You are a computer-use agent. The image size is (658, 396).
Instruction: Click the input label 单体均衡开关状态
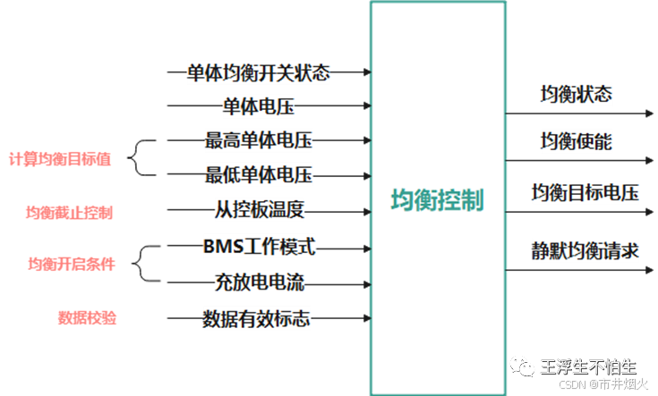(x=259, y=73)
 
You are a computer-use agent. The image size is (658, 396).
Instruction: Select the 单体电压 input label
(x=259, y=107)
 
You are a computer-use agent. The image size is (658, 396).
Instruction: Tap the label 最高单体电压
(x=259, y=140)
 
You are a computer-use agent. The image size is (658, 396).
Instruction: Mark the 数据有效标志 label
(x=257, y=317)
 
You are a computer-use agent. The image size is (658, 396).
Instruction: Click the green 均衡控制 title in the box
(x=437, y=199)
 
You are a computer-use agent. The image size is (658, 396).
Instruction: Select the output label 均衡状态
(x=577, y=94)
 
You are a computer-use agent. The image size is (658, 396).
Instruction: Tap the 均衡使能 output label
(x=577, y=141)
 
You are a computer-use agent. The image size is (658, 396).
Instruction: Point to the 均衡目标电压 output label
(x=585, y=193)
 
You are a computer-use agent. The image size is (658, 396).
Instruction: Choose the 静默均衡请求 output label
(x=585, y=249)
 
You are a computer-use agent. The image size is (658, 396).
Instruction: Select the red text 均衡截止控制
(x=69, y=212)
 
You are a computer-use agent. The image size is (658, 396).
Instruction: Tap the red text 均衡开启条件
(x=72, y=264)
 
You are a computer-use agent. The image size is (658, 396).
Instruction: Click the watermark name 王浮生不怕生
(x=588, y=367)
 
